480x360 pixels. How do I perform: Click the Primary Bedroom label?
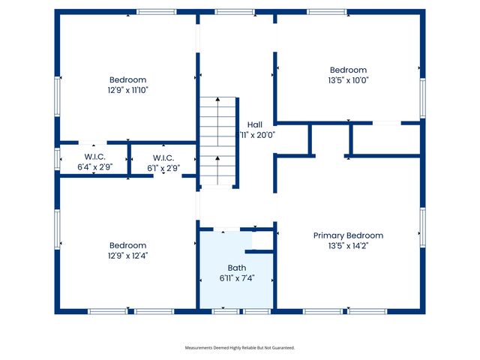348,235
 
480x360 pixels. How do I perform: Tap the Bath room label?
237,268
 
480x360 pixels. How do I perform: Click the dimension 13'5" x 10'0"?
348,80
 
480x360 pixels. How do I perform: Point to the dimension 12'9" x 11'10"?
128,90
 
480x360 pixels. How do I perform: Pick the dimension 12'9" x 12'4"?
128,256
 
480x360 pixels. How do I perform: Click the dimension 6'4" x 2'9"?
95,167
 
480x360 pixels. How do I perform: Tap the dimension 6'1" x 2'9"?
163,167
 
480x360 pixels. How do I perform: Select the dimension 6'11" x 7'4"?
237,278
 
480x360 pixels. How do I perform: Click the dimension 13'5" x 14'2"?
348,246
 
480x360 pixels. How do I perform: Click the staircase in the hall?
218,142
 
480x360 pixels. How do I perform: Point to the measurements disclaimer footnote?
240,348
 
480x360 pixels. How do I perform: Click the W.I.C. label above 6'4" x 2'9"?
95,157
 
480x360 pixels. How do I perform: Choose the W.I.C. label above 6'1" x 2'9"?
163,157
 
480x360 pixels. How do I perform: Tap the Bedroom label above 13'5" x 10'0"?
348,70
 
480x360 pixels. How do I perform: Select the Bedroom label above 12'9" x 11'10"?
128,79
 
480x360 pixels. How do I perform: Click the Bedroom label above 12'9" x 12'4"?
128,245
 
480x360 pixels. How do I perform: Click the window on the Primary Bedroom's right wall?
422,228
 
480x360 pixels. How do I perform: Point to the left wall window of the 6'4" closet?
57,159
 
